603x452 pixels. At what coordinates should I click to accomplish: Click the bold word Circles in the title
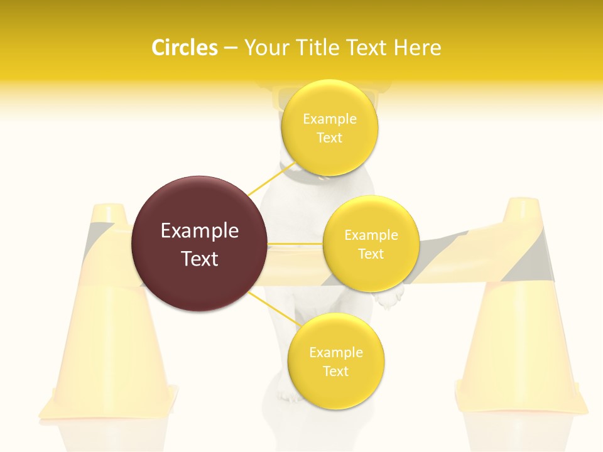tap(185, 48)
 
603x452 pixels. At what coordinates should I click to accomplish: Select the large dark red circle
tap(200, 244)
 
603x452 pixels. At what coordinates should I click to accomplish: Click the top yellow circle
tap(330, 127)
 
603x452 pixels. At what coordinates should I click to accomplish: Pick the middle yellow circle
tap(371, 244)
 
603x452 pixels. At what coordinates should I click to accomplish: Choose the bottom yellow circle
tap(335, 361)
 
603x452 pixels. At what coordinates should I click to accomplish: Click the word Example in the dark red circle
tap(200, 231)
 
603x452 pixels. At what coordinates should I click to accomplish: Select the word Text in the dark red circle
tap(200, 259)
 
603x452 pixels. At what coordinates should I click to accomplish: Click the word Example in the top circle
tap(330, 119)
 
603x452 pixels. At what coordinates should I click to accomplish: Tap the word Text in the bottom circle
tap(335, 371)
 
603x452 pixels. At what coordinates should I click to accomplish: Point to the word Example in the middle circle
tap(371, 235)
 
